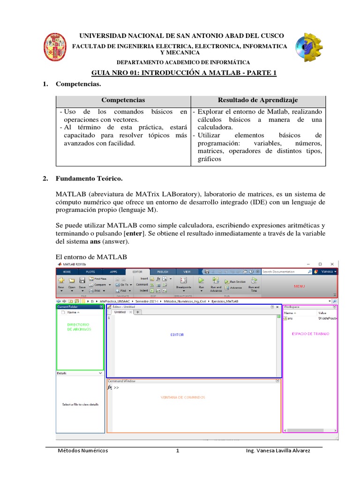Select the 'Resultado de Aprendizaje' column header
pos(258,100)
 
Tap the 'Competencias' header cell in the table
pos(123,100)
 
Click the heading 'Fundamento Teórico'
pos(89,179)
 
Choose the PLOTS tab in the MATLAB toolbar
pos(90,271)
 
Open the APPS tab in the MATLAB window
pos(114,271)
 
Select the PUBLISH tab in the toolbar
pos(163,271)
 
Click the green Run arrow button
pos(201,281)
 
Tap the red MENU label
pos(299,285)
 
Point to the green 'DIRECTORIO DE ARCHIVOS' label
pos(79,327)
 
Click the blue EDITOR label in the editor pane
pos(177,335)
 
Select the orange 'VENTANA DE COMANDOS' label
pos(183,397)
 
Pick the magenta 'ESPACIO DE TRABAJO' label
pos(310,334)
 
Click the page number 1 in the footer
pos(178,451)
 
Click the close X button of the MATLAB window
pos(332,264)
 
